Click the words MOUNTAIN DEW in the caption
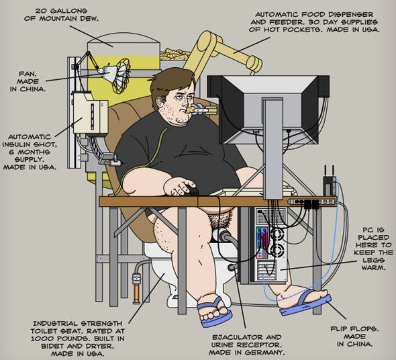[x=68, y=19]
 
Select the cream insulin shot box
[x=91, y=113]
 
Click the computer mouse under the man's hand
[x=191, y=191]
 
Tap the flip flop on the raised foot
[x=305, y=304]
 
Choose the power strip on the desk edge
[x=313, y=202]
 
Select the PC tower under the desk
[x=270, y=244]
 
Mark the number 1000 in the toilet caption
[x=41, y=339]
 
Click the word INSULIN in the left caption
[x=17, y=144]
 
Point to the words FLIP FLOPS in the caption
[x=354, y=328]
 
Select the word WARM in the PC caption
[x=374, y=267]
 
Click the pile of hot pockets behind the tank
[x=175, y=55]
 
